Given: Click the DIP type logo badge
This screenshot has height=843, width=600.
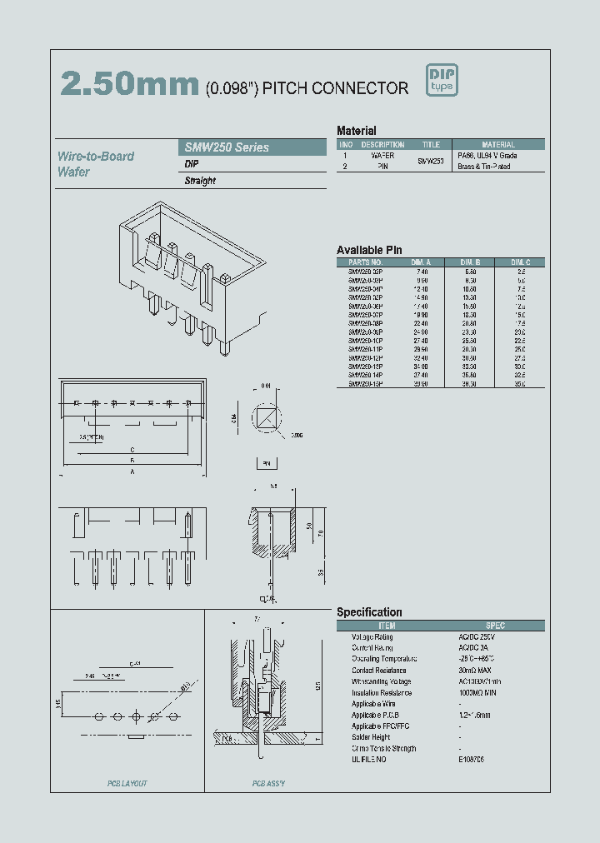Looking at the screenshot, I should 442,81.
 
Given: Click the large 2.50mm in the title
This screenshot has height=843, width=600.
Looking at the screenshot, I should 129,84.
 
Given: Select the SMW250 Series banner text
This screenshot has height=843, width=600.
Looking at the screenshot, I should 227,147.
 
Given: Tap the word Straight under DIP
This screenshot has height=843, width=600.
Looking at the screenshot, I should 200,181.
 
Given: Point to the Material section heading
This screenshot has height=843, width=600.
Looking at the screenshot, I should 356,131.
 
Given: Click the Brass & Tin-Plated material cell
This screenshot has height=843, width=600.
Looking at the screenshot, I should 484,167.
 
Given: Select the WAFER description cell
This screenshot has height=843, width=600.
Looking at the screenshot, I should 382,156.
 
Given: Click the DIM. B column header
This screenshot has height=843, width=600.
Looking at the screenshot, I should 471,262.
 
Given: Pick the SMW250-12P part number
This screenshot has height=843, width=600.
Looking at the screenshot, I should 366,357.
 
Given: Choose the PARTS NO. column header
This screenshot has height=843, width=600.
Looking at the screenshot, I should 366,262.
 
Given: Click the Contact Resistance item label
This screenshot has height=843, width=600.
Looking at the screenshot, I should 379,670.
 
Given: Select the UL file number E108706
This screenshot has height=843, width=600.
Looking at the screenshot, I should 471,760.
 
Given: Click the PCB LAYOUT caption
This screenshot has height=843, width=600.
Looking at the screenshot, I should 127,784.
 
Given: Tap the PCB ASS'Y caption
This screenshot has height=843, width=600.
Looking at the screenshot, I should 268,784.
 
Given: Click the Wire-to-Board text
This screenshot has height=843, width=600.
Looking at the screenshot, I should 96,157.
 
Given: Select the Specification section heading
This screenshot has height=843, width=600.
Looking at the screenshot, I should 369,612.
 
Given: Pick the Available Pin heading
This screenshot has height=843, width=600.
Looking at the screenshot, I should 369,250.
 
